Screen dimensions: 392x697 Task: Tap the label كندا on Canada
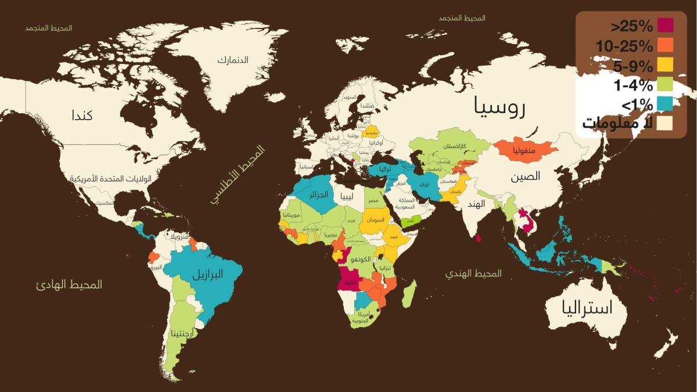82,115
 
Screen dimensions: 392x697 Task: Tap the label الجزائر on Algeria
319,195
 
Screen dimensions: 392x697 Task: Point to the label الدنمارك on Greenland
233,60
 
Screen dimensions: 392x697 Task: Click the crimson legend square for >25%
666,26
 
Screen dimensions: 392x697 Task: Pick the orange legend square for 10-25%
666,45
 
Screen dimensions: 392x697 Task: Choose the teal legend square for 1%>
666,104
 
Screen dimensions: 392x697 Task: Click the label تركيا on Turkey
385,168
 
